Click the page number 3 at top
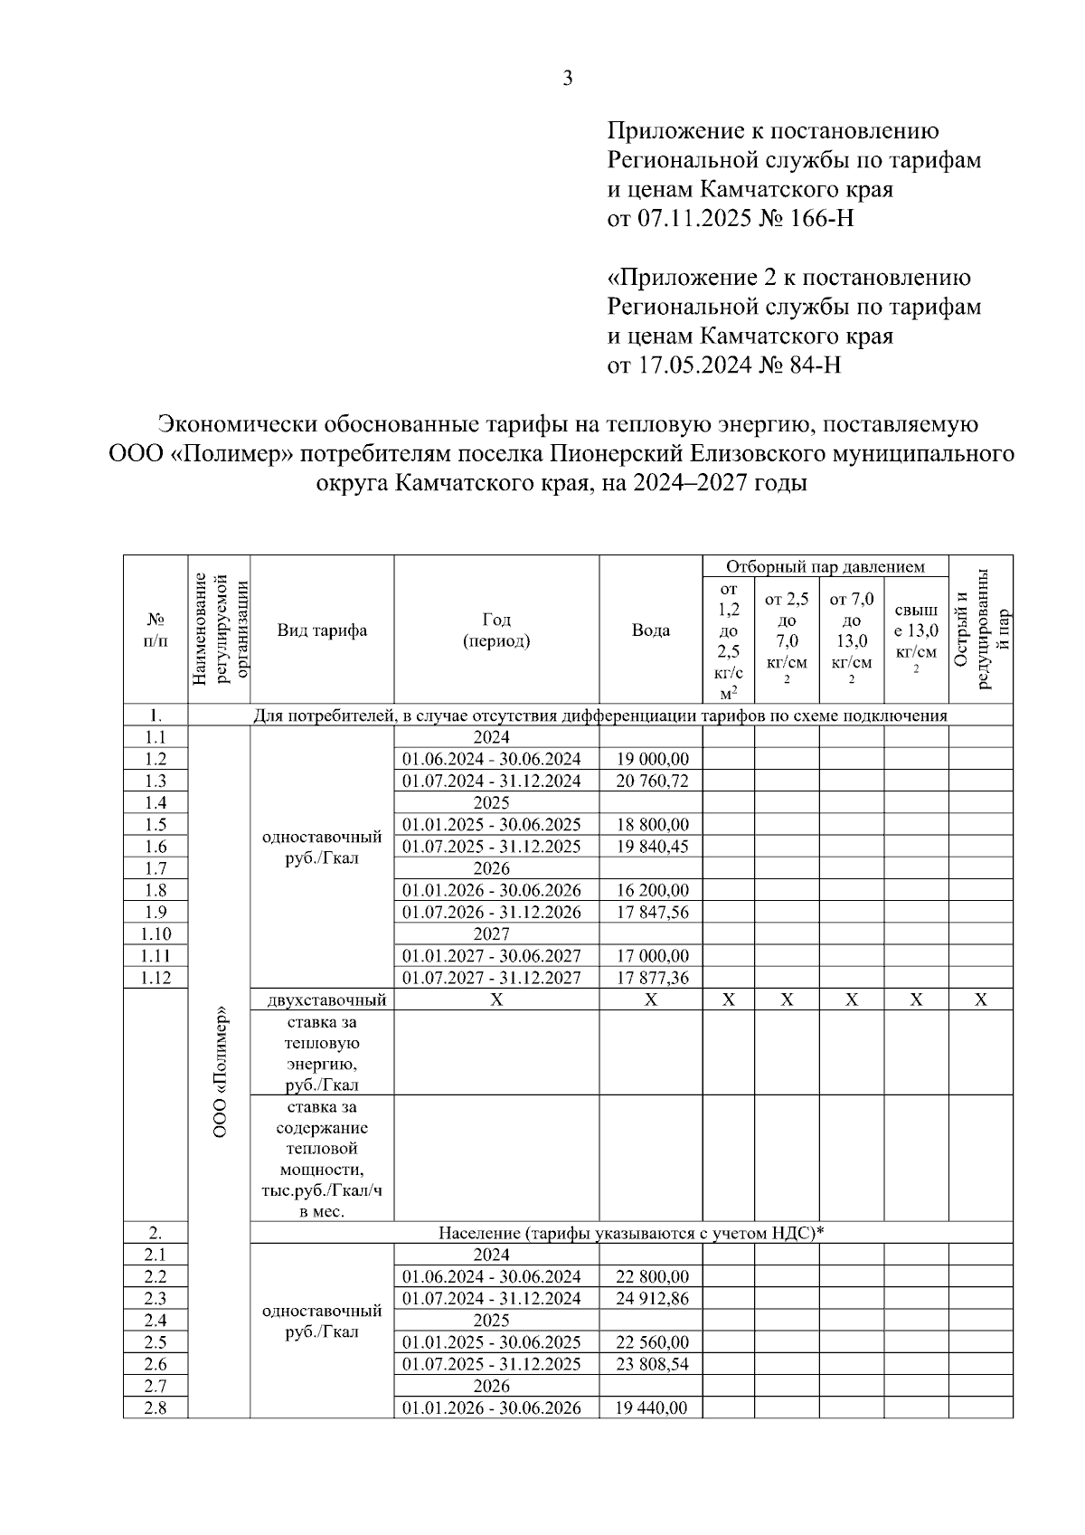pos(567,79)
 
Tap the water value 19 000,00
pos(652,759)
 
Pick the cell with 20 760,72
pos(652,781)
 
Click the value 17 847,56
pos(652,912)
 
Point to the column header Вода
pos(650,630)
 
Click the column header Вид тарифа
pos(322,630)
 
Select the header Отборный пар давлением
pos(825,567)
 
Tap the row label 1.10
pos(156,933)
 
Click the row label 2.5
pos(156,1342)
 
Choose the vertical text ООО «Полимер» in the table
pos(220,1073)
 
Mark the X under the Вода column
pos(650,1000)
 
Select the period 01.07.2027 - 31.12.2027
pos(491,978)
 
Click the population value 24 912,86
pos(652,1299)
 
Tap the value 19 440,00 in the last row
pos(652,1407)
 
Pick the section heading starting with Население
pos(630,1233)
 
